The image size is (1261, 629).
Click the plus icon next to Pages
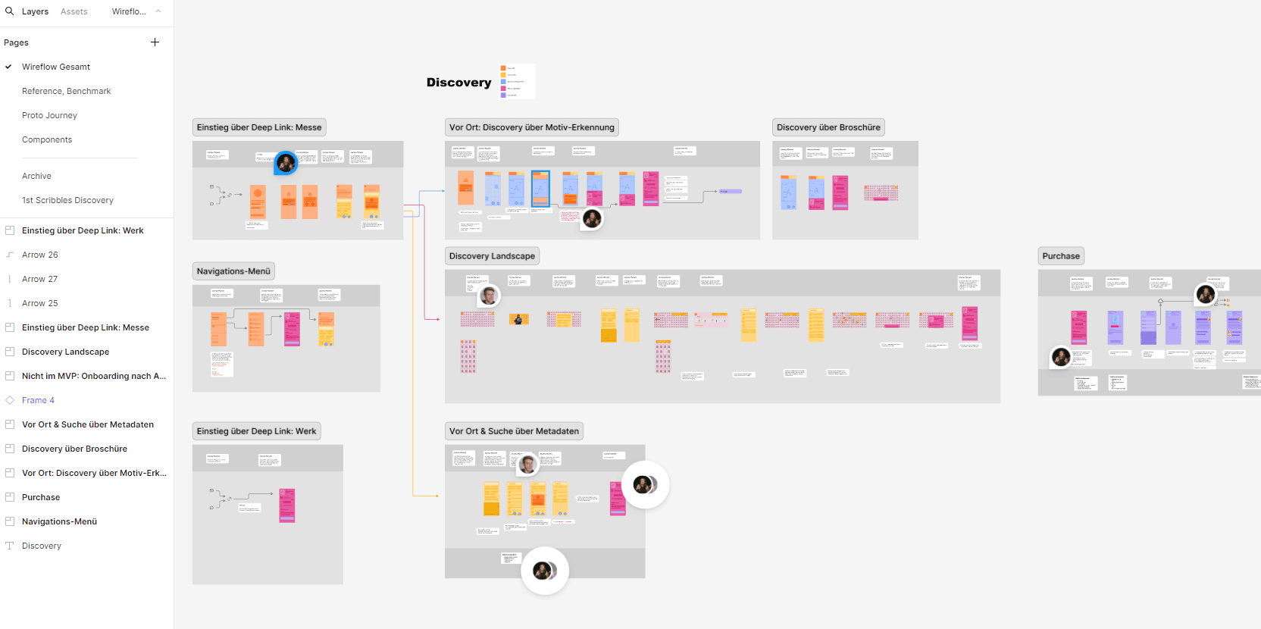[x=155, y=42]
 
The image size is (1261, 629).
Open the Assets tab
[x=74, y=11]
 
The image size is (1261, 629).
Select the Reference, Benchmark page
[x=66, y=91]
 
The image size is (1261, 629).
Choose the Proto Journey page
[x=49, y=115]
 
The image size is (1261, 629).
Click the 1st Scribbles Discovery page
[x=67, y=200]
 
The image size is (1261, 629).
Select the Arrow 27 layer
[x=39, y=279]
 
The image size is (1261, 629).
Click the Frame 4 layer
[x=38, y=400]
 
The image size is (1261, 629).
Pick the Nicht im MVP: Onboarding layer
[x=93, y=376]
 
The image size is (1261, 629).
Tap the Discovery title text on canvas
[x=458, y=83]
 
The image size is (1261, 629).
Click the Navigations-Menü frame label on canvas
[x=233, y=271]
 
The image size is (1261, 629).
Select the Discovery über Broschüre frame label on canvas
[x=828, y=127]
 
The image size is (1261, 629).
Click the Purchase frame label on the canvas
[x=1060, y=256]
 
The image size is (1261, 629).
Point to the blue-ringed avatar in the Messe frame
[x=286, y=162]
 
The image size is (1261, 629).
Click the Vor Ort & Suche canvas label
[x=514, y=431]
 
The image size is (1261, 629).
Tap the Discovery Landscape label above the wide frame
[x=492, y=256]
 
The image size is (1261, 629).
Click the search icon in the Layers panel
[x=10, y=11]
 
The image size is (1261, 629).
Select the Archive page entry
[x=36, y=176]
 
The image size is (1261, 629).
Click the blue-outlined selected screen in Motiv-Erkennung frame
[x=540, y=189]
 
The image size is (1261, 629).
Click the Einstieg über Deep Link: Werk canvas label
[x=256, y=431]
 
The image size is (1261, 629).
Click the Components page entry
[x=47, y=139]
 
